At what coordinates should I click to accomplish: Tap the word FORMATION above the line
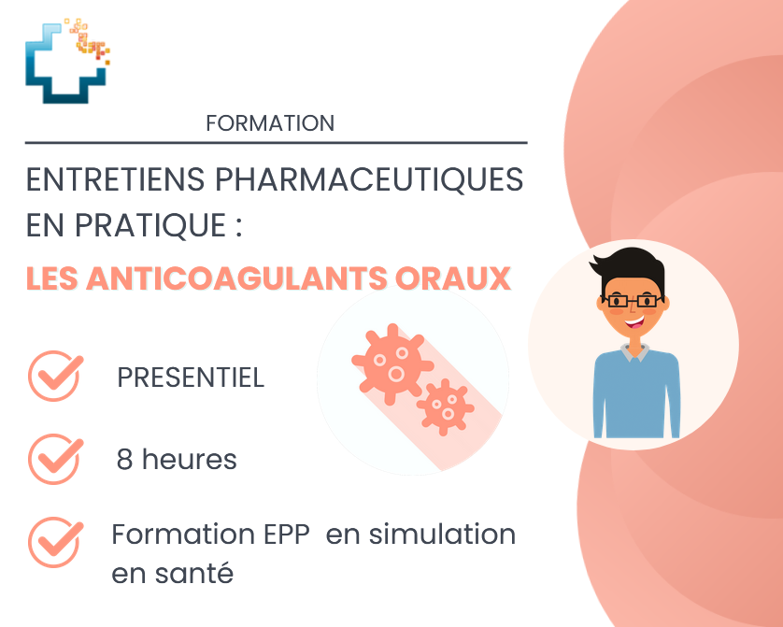click(x=270, y=123)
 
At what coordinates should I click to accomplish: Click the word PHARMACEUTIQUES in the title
click(x=369, y=179)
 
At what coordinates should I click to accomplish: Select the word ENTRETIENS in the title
click(x=115, y=179)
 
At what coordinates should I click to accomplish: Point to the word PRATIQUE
click(x=150, y=225)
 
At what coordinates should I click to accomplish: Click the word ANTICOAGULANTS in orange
click(x=237, y=278)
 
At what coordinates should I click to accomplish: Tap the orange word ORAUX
click(x=453, y=278)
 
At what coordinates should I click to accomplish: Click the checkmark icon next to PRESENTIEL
click(x=55, y=376)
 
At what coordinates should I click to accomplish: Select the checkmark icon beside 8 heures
click(x=55, y=459)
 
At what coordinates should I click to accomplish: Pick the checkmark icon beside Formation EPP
click(x=55, y=542)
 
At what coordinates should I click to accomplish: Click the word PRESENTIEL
click(x=191, y=378)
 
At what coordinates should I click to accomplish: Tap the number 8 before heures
click(x=124, y=459)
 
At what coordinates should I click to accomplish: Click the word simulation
click(x=442, y=534)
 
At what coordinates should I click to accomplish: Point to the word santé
click(x=194, y=573)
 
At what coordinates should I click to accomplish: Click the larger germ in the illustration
click(x=392, y=363)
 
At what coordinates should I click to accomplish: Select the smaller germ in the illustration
click(x=445, y=406)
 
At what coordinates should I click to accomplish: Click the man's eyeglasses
click(x=633, y=301)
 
